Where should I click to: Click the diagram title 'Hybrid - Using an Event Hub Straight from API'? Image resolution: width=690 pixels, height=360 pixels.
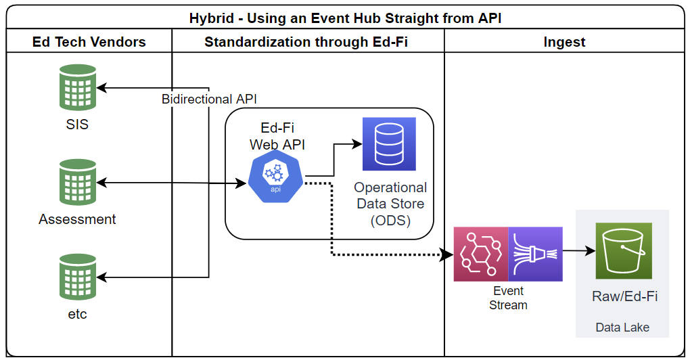coord(345,18)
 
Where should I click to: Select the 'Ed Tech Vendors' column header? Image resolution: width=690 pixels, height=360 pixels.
coord(89,42)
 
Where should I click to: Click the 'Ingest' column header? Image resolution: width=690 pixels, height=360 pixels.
coord(564,42)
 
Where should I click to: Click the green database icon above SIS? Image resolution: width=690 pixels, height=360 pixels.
coord(77,88)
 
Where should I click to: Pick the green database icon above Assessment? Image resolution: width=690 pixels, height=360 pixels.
coord(77,182)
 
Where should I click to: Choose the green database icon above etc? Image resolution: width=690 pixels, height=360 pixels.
coord(77,277)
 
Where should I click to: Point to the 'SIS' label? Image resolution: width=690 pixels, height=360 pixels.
coord(77,125)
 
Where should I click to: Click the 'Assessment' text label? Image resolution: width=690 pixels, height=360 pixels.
coord(77,219)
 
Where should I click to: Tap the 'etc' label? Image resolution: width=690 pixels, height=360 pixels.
coord(77,314)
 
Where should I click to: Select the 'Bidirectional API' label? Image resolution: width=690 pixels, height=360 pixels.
coord(209,99)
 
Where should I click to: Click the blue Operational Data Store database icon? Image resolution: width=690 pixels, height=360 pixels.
coord(389,143)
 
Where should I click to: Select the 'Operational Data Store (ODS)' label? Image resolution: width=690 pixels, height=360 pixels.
coord(390,203)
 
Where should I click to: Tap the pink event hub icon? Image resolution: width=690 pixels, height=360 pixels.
coord(481,254)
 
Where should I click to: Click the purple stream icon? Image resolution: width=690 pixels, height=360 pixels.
coord(535,254)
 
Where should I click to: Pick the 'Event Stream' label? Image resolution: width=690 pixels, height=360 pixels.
coord(508,298)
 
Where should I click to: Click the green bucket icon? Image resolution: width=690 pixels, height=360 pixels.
coord(623,250)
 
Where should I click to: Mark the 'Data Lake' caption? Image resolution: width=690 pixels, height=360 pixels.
coord(622,328)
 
